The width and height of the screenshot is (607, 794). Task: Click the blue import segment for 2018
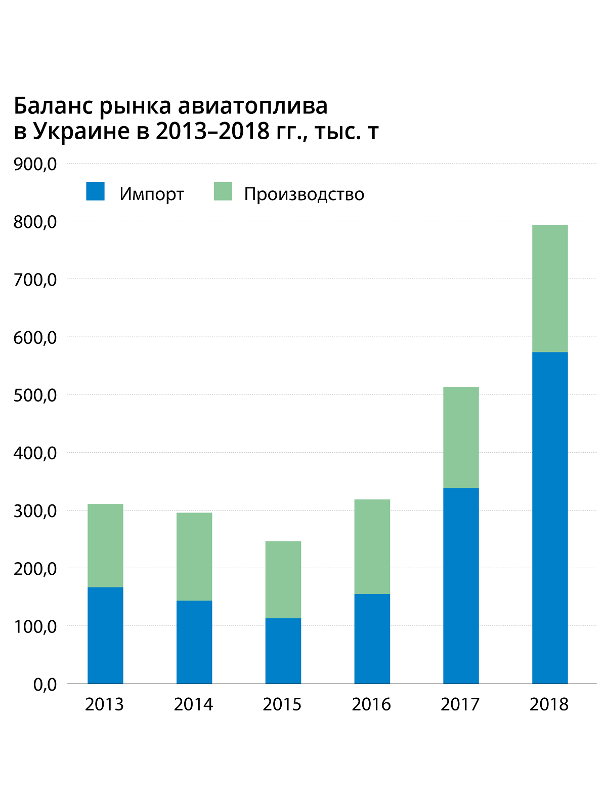(x=550, y=518)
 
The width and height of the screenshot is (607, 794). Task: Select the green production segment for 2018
(x=550, y=288)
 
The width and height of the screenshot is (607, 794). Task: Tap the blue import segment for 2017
(x=461, y=586)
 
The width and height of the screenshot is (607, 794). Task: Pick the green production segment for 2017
(x=461, y=438)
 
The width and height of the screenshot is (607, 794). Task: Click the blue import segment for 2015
(x=283, y=651)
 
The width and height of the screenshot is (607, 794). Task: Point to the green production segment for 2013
(x=105, y=545)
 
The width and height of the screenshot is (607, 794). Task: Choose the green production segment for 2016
(x=372, y=546)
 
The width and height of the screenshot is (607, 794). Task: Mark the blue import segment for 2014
(x=194, y=642)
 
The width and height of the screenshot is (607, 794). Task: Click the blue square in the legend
(x=95, y=191)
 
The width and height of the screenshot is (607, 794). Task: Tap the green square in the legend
(x=223, y=191)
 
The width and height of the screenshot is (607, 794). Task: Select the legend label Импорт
(x=152, y=194)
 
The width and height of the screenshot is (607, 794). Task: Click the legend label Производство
(x=304, y=194)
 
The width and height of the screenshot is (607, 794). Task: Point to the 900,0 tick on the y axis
(x=35, y=164)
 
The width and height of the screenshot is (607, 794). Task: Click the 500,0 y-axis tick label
(x=35, y=395)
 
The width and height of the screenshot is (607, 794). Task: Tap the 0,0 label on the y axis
(x=45, y=685)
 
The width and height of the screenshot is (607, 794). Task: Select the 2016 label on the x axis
(x=371, y=704)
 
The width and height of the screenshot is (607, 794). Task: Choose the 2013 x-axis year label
(x=104, y=704)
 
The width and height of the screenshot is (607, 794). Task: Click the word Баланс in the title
(x=52, y=106)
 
